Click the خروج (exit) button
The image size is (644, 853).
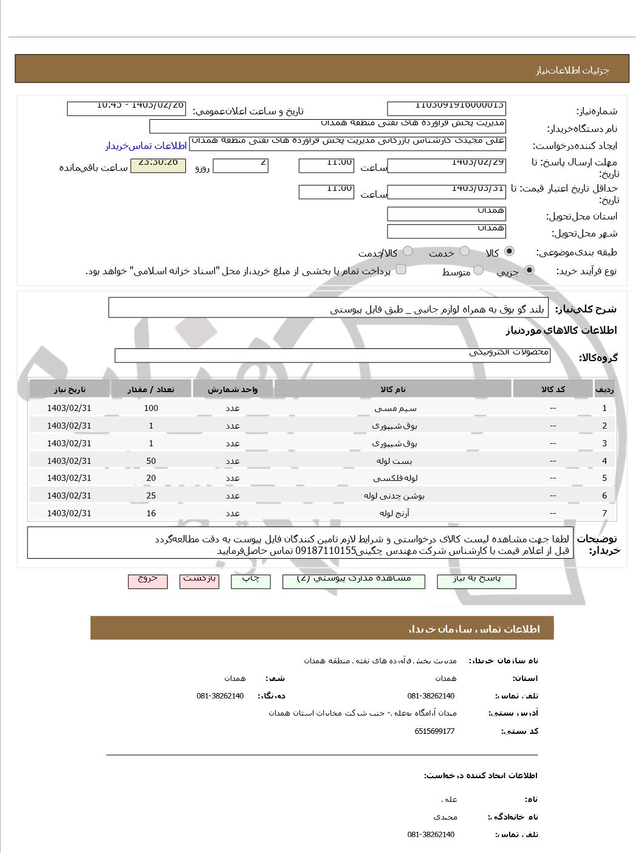coord(148,581)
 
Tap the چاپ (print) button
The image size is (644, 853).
coord(251,581)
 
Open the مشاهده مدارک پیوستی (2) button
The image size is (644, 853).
coord(354,581)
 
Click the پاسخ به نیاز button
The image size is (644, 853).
coord(476,581)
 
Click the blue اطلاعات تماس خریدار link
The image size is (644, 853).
coord(146,146)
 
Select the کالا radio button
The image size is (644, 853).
coord(509,252)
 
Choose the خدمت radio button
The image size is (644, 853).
coord(465,252)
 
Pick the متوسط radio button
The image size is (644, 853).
coord(479,271)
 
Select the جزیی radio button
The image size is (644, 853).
coord(530,271)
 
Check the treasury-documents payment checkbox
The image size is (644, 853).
coord(401,270)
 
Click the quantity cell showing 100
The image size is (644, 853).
coord(151,408)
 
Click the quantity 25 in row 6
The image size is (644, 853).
coord(151,496)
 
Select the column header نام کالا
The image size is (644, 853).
coord(393,389)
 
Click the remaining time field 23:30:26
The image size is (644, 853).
coord(158,165)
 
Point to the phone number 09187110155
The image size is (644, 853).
coord(326,551)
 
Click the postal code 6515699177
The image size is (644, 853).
coord(434,731)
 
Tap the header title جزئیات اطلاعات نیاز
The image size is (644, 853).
coord(572,70)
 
